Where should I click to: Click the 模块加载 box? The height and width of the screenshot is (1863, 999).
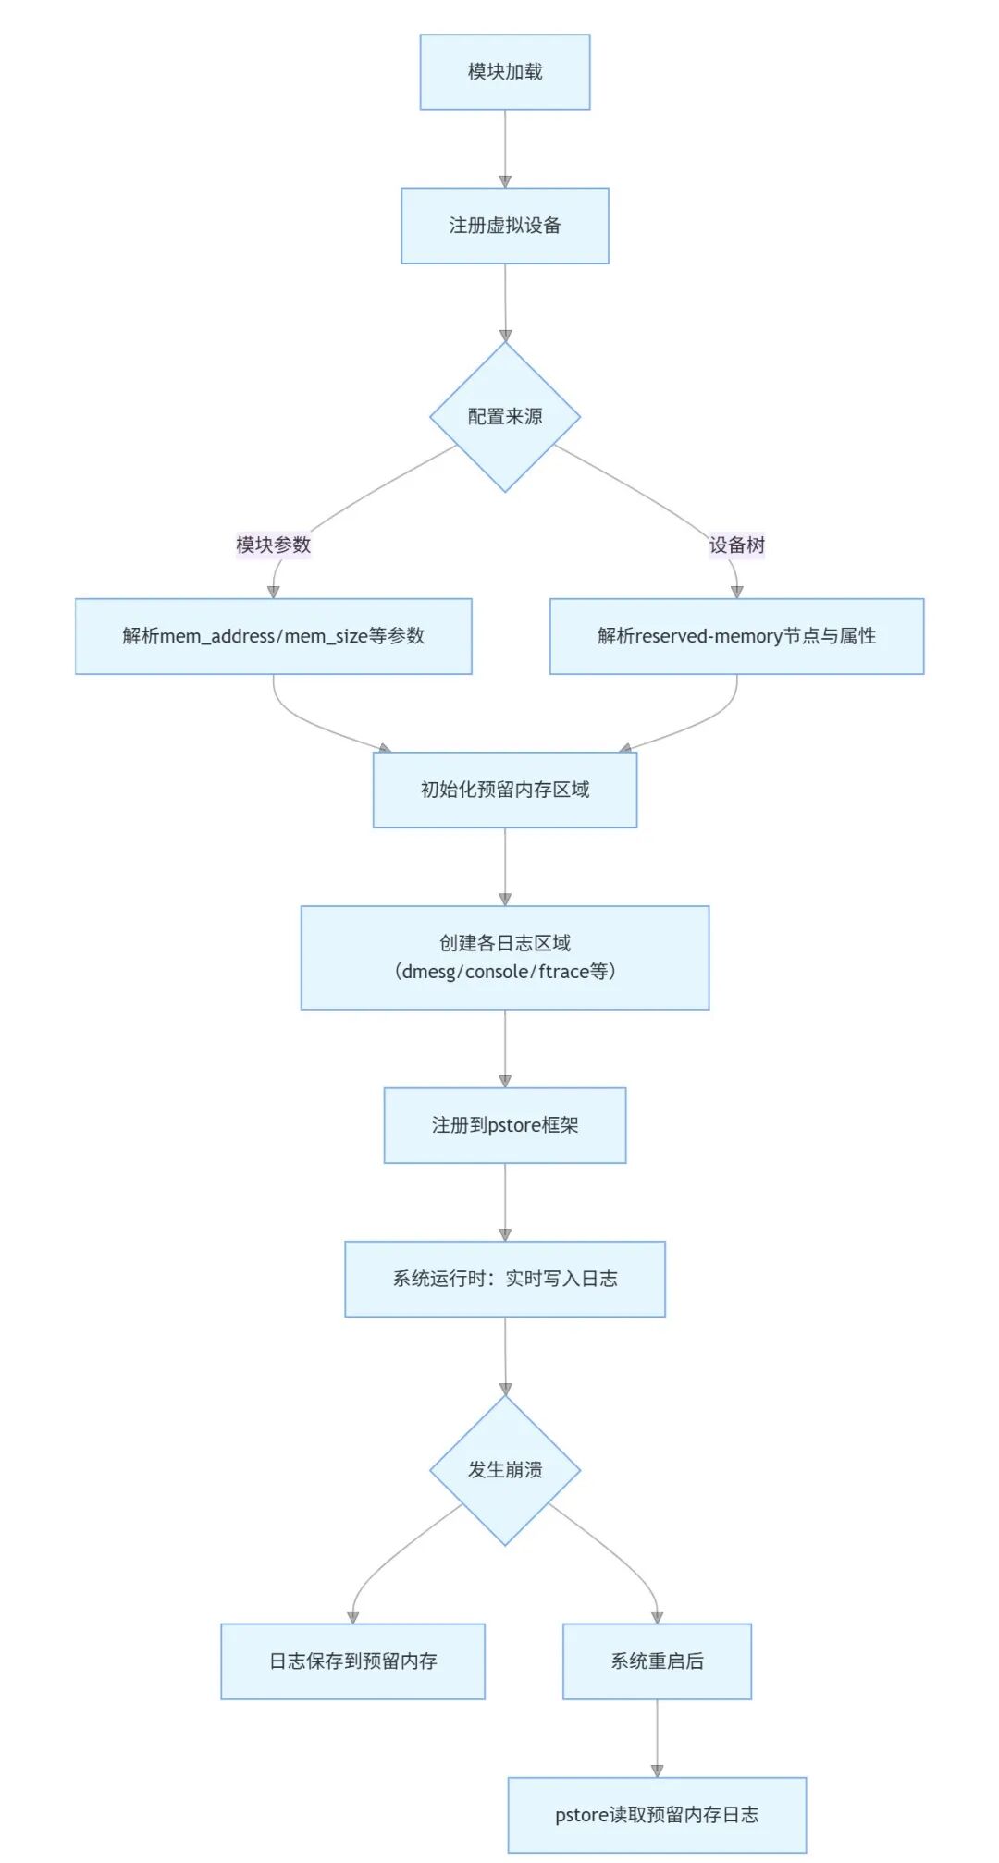pos(505,72)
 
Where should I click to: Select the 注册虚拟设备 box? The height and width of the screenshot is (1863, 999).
pos(505,226)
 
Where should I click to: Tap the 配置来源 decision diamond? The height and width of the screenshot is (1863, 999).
pos(505,417)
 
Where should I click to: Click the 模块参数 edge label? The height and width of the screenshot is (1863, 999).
pos(273,545)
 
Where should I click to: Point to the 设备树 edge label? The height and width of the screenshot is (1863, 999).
pos(737,545)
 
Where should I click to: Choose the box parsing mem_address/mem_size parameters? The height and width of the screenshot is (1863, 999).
pos(274,636)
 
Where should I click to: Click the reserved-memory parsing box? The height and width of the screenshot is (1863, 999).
pos(737,636)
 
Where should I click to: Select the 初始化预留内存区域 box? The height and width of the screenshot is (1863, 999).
pos(505,790)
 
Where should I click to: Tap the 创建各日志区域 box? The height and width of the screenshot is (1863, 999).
pos(505,958)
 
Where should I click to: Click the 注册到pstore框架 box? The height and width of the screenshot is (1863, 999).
pos(505,1125)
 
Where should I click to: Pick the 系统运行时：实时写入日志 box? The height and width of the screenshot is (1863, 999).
pos(505,1279)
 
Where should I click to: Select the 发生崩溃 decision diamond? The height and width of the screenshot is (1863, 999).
pos(505,1470)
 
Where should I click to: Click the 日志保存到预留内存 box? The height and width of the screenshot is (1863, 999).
pos(352,1661)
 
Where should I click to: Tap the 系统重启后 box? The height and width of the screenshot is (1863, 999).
pos(657,1661)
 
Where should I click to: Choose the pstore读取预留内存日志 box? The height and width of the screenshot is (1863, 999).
pos(657,1815)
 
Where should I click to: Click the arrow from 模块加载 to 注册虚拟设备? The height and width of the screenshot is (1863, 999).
pos(505,149)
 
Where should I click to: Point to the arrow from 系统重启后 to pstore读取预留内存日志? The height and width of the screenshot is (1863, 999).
pos(657,1738)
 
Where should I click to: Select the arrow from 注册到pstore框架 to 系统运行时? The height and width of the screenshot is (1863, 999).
pos(505,1202)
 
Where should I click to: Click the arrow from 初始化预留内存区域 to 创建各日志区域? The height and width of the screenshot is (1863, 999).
pos(505,866)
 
